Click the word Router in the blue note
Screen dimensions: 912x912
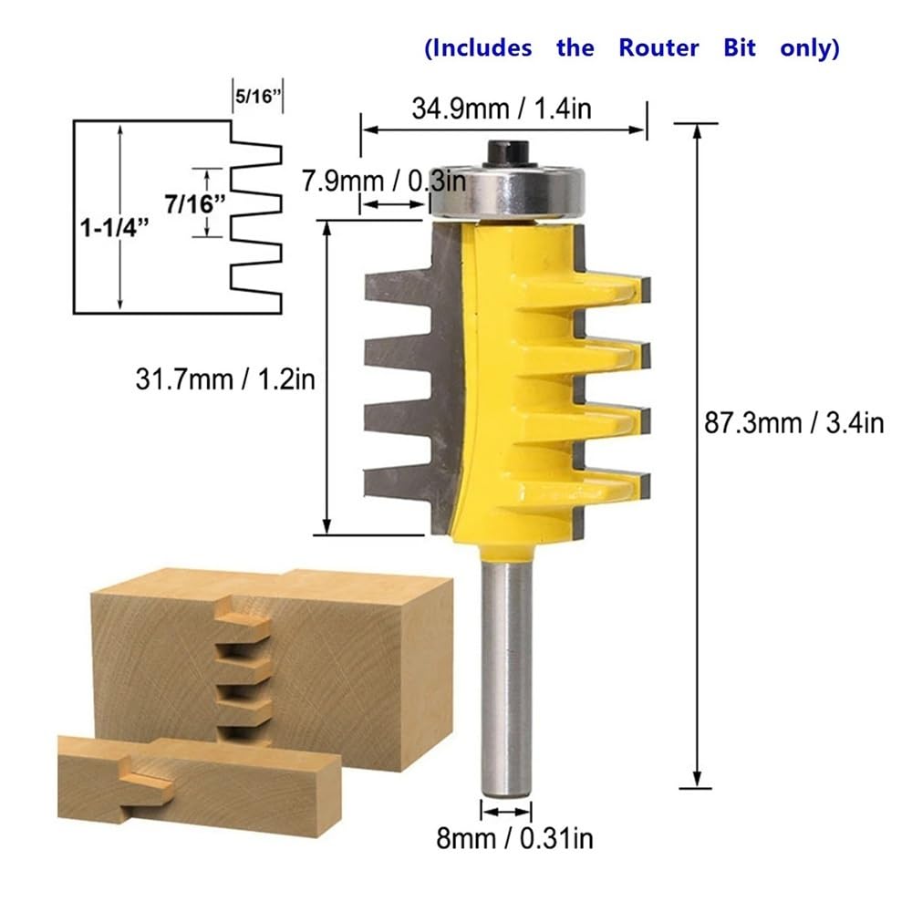[x=658, y=47]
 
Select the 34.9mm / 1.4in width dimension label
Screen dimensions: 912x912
[x=502, y=109]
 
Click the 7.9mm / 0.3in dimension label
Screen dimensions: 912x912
[x=384, y=181]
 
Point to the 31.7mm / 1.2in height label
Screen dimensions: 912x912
[x=225, y=379]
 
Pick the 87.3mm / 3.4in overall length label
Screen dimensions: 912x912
[x=794, y=423]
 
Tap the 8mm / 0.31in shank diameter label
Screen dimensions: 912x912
[x=514, y=838]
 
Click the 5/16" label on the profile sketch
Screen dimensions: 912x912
[x=258, y=96]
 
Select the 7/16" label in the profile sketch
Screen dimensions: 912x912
[x=195, y=203]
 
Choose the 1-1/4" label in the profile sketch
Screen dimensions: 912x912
[x=114, y=227]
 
